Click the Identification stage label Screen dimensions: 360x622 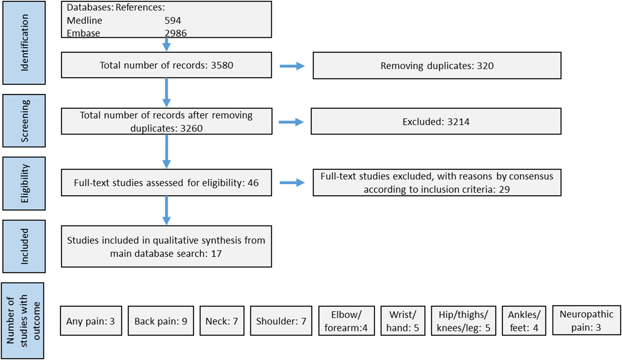24,43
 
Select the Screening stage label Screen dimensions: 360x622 24,121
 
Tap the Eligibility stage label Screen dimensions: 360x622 24,183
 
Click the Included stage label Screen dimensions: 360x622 24,246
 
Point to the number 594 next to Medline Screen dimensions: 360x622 173,21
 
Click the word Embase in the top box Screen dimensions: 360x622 83,33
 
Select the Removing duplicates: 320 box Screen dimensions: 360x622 437,66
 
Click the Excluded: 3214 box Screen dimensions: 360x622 436,122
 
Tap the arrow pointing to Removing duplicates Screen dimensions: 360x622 292,66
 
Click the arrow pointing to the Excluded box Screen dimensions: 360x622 291,122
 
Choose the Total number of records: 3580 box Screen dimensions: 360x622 166,65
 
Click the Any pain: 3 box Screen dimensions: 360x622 91,321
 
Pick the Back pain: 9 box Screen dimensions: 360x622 161,321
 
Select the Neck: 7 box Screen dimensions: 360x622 222,321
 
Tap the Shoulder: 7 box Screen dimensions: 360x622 281,321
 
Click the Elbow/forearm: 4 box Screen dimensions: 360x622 346,321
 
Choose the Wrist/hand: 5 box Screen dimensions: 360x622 403,321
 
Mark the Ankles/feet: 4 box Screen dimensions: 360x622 524,321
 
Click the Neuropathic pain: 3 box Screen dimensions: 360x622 586,320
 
